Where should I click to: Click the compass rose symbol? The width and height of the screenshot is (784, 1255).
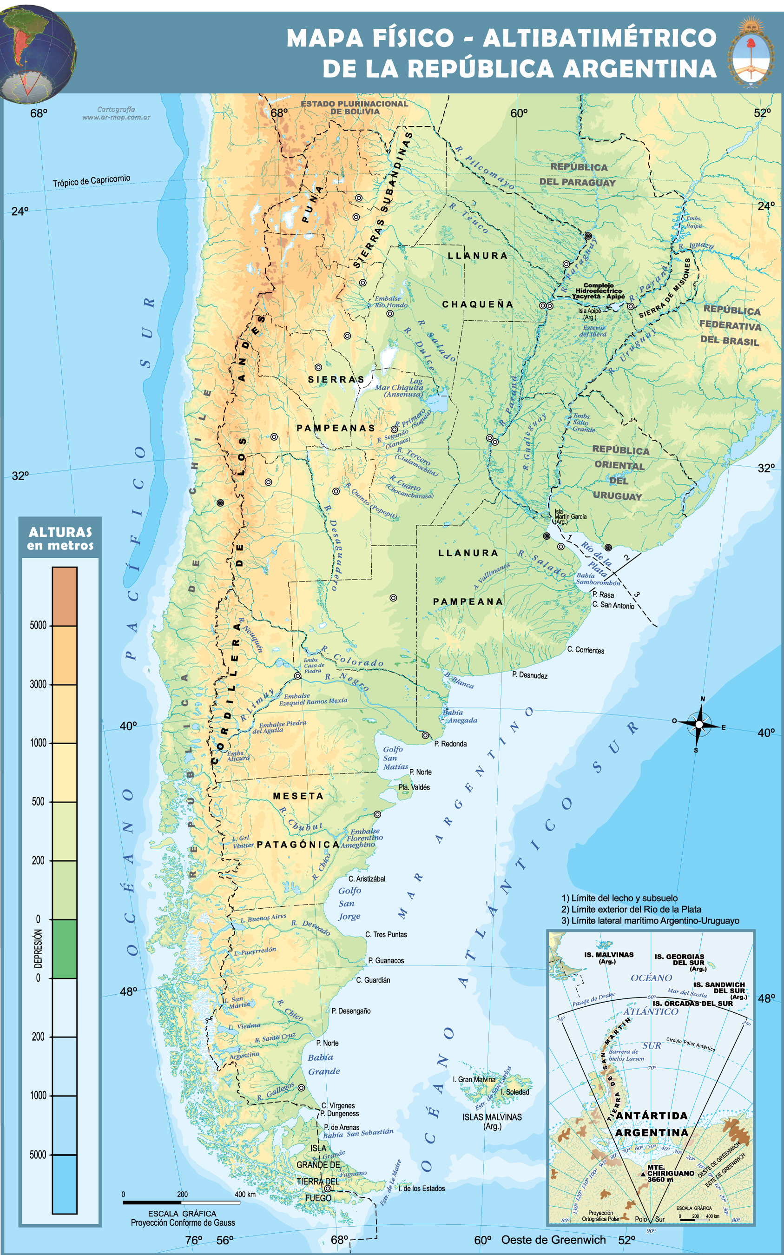point(699,725)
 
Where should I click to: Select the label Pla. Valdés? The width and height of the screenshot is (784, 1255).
point(414,787)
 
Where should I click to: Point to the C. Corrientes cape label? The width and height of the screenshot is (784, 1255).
point(586,650)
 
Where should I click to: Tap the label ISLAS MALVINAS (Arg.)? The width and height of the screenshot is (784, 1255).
point(492,1121)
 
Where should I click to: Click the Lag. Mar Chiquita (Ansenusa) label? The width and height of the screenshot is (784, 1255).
point(400,387)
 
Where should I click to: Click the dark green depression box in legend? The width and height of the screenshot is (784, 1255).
point(64,949)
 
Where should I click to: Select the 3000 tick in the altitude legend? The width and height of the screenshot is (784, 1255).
point(39,684)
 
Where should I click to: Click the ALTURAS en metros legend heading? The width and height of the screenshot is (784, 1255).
point(60,538)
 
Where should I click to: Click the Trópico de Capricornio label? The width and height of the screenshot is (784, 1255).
point(91,180)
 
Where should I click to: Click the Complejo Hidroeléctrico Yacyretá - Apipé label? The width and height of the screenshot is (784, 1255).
point(599,291)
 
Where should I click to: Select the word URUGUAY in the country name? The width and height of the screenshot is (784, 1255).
point(617,496)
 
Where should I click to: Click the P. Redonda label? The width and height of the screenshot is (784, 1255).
point(450,744)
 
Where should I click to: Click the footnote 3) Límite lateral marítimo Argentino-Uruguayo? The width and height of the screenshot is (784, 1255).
point(650,920)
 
